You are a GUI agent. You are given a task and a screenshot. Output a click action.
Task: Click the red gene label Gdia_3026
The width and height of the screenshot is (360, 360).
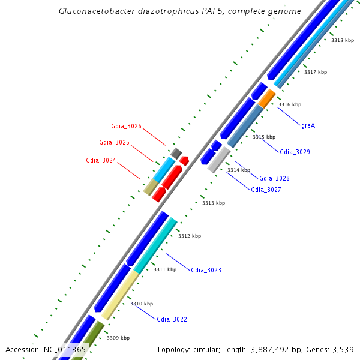click(126, 126)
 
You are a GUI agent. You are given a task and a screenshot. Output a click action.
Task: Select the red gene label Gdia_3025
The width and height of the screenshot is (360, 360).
click(114, 142)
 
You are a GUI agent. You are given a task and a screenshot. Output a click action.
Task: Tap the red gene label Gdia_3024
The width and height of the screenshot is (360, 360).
click(101, 160)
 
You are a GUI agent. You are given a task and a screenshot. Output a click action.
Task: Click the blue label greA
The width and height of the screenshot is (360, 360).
click(308, 125)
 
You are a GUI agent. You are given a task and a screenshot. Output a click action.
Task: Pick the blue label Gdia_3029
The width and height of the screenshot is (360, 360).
click(295, 152)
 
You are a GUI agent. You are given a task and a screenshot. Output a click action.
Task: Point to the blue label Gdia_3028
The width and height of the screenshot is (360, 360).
click(274, 178)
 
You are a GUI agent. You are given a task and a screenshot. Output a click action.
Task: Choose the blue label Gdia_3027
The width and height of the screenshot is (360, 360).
click(266, 190)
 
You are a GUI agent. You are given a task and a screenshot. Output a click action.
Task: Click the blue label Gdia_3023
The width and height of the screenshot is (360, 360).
click(206, 270)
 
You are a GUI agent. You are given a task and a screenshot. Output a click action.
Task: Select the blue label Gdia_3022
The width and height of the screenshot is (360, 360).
click(172, 319)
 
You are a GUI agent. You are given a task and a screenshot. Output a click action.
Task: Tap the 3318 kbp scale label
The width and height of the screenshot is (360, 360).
click(343, 40)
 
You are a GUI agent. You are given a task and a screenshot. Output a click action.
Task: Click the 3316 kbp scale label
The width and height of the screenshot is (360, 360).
click(290, 104)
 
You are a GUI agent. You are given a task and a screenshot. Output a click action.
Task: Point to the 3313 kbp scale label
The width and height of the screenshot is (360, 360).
click(214, 203)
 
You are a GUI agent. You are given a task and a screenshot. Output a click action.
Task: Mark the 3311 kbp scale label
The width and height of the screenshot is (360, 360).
click(165, 269)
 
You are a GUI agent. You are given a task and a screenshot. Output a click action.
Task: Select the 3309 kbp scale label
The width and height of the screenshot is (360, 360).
click(118, 338)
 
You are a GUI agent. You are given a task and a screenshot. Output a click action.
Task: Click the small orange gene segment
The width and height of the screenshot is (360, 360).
click(266, 98)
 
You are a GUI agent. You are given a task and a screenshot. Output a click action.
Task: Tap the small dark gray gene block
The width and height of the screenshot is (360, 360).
click(176, 153)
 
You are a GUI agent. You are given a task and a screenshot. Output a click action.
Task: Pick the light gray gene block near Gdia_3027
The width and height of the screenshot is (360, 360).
click(219, 159)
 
